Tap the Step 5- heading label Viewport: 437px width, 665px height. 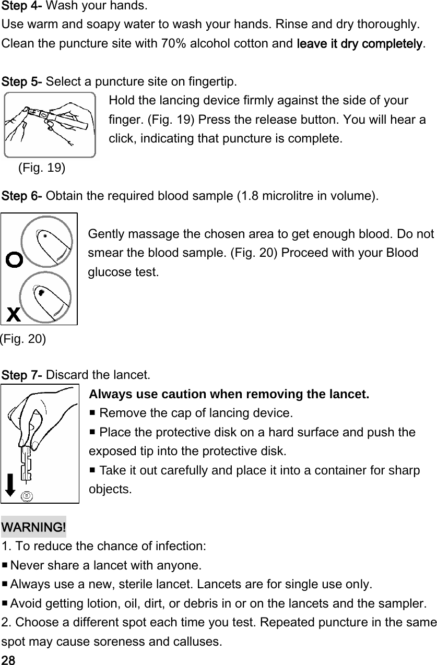click(x=22, y=82)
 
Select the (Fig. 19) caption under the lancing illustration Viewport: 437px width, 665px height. click(x=42, y=168)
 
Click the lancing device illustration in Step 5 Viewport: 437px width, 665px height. click(x=50, y=125)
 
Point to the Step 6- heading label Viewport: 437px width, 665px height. click(x=22, y=197)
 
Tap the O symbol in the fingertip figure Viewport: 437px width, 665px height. click(x=14, y=259)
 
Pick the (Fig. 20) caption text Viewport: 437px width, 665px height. click(x=23, y=339)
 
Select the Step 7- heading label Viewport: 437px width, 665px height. click(x=22, y=375)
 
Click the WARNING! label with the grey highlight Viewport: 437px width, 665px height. click(x=34, y=527)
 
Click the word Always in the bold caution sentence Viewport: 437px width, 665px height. click(x=108, y=394)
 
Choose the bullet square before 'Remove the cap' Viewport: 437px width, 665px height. click(x=93, y=413)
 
